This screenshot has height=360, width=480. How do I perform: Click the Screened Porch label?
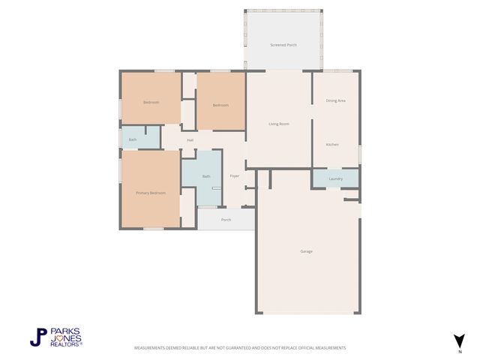tap(283, 45)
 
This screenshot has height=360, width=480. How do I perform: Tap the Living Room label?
tap(279, 124)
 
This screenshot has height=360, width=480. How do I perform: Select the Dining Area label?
tap(335, 100)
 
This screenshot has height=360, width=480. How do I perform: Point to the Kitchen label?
tap(332, 144)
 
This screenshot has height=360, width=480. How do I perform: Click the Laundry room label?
tap(335, 178)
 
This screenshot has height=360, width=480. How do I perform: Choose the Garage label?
tap(306, 251)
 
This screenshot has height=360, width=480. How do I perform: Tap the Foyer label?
tap(234, 175)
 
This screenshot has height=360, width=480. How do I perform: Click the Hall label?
tap(190, 140)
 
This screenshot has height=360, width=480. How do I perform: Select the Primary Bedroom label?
tap(150, 193)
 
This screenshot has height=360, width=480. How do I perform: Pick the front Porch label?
tap(226, 220)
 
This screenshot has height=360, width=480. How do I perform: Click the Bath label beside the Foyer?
tap(206, 177)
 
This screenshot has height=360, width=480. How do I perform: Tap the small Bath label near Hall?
tap(133, 139)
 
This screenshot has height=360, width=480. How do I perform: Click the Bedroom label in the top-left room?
tap(151, 103)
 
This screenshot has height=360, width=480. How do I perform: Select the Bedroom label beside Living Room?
tap(220, 105)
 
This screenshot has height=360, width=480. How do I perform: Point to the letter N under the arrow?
tap(459, 351)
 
